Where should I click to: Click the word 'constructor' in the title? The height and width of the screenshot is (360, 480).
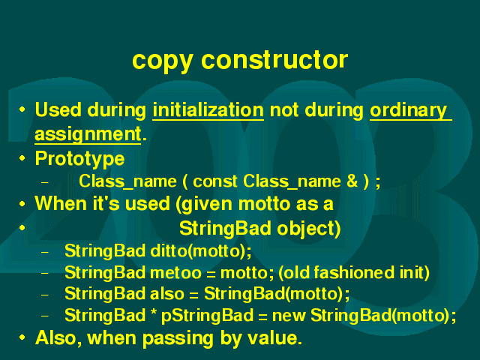point(274,59)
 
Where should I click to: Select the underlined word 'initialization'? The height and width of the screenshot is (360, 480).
point(208,110)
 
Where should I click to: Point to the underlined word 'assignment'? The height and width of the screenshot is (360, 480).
point(88,135)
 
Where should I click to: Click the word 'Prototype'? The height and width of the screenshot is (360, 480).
point(80,160)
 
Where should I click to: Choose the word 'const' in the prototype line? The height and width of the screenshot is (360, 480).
point(215,181)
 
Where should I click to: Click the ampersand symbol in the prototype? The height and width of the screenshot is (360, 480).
point(352,181)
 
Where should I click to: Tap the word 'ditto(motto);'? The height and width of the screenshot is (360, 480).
point(201,251)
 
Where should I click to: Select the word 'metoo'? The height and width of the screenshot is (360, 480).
point(175,273)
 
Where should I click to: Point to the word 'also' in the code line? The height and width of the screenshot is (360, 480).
point(166,293)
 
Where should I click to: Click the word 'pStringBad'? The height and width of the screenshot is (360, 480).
point(208,316)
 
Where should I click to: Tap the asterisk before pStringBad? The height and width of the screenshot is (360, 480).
point(154,313)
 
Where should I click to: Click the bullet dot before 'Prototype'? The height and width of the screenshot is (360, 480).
point(22,158)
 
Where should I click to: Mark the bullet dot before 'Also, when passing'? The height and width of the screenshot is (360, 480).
point(22,337)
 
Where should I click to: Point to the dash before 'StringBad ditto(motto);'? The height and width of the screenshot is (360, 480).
point(45,253)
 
